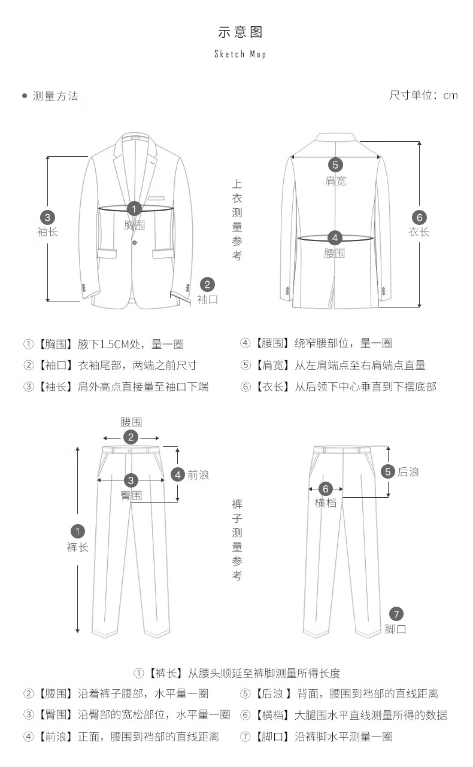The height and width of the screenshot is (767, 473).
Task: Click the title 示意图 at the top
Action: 240,32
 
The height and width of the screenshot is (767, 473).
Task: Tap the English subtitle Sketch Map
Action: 240,54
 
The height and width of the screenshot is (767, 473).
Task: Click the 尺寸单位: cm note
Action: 423,96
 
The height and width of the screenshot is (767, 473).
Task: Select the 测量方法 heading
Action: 55,96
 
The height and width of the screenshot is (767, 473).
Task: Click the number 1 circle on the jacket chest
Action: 135,209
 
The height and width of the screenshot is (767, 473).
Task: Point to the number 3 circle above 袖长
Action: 47,217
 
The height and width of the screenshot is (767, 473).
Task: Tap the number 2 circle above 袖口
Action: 207,284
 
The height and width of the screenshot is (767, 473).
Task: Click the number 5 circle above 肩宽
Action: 335,165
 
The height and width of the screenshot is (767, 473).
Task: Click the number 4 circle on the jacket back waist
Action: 335,238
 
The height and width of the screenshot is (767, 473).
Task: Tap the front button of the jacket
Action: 135,242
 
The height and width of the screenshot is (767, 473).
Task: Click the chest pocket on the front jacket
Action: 156,198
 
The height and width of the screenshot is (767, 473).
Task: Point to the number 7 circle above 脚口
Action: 396,613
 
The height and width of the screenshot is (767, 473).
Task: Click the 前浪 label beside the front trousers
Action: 198,475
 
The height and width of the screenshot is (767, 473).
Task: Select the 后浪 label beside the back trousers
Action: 408,472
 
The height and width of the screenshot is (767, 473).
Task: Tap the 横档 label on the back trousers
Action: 326,503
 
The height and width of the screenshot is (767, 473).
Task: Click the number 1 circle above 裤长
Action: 77,531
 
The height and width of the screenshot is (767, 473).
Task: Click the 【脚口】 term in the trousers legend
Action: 272,736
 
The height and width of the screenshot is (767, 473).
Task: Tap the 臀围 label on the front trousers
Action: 131,495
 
